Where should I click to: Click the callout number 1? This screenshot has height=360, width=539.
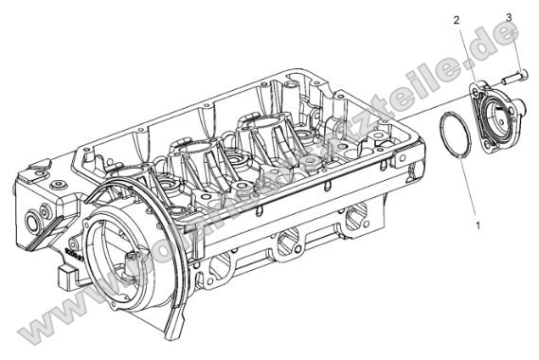click(477, 226)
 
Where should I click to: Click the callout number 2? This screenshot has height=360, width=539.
click(457, 20)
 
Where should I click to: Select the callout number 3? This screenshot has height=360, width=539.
click(509, 17)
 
